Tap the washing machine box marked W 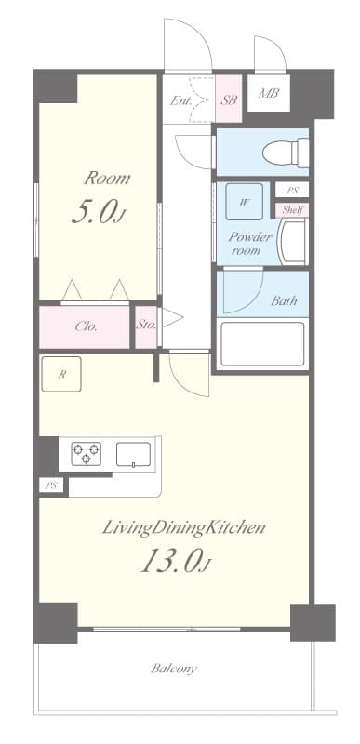(245, 201)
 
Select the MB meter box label (269, 93)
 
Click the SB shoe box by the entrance (229, 100)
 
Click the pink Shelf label (292, 209)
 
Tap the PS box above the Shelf (292, 191)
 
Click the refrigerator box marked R (61, 375)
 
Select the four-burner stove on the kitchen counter (87, 454)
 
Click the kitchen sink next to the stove (134, 454)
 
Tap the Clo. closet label (86, 327)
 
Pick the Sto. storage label (146, 325)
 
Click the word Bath (284, 300)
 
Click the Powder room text (250, 243)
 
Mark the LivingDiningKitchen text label (184, 527)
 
